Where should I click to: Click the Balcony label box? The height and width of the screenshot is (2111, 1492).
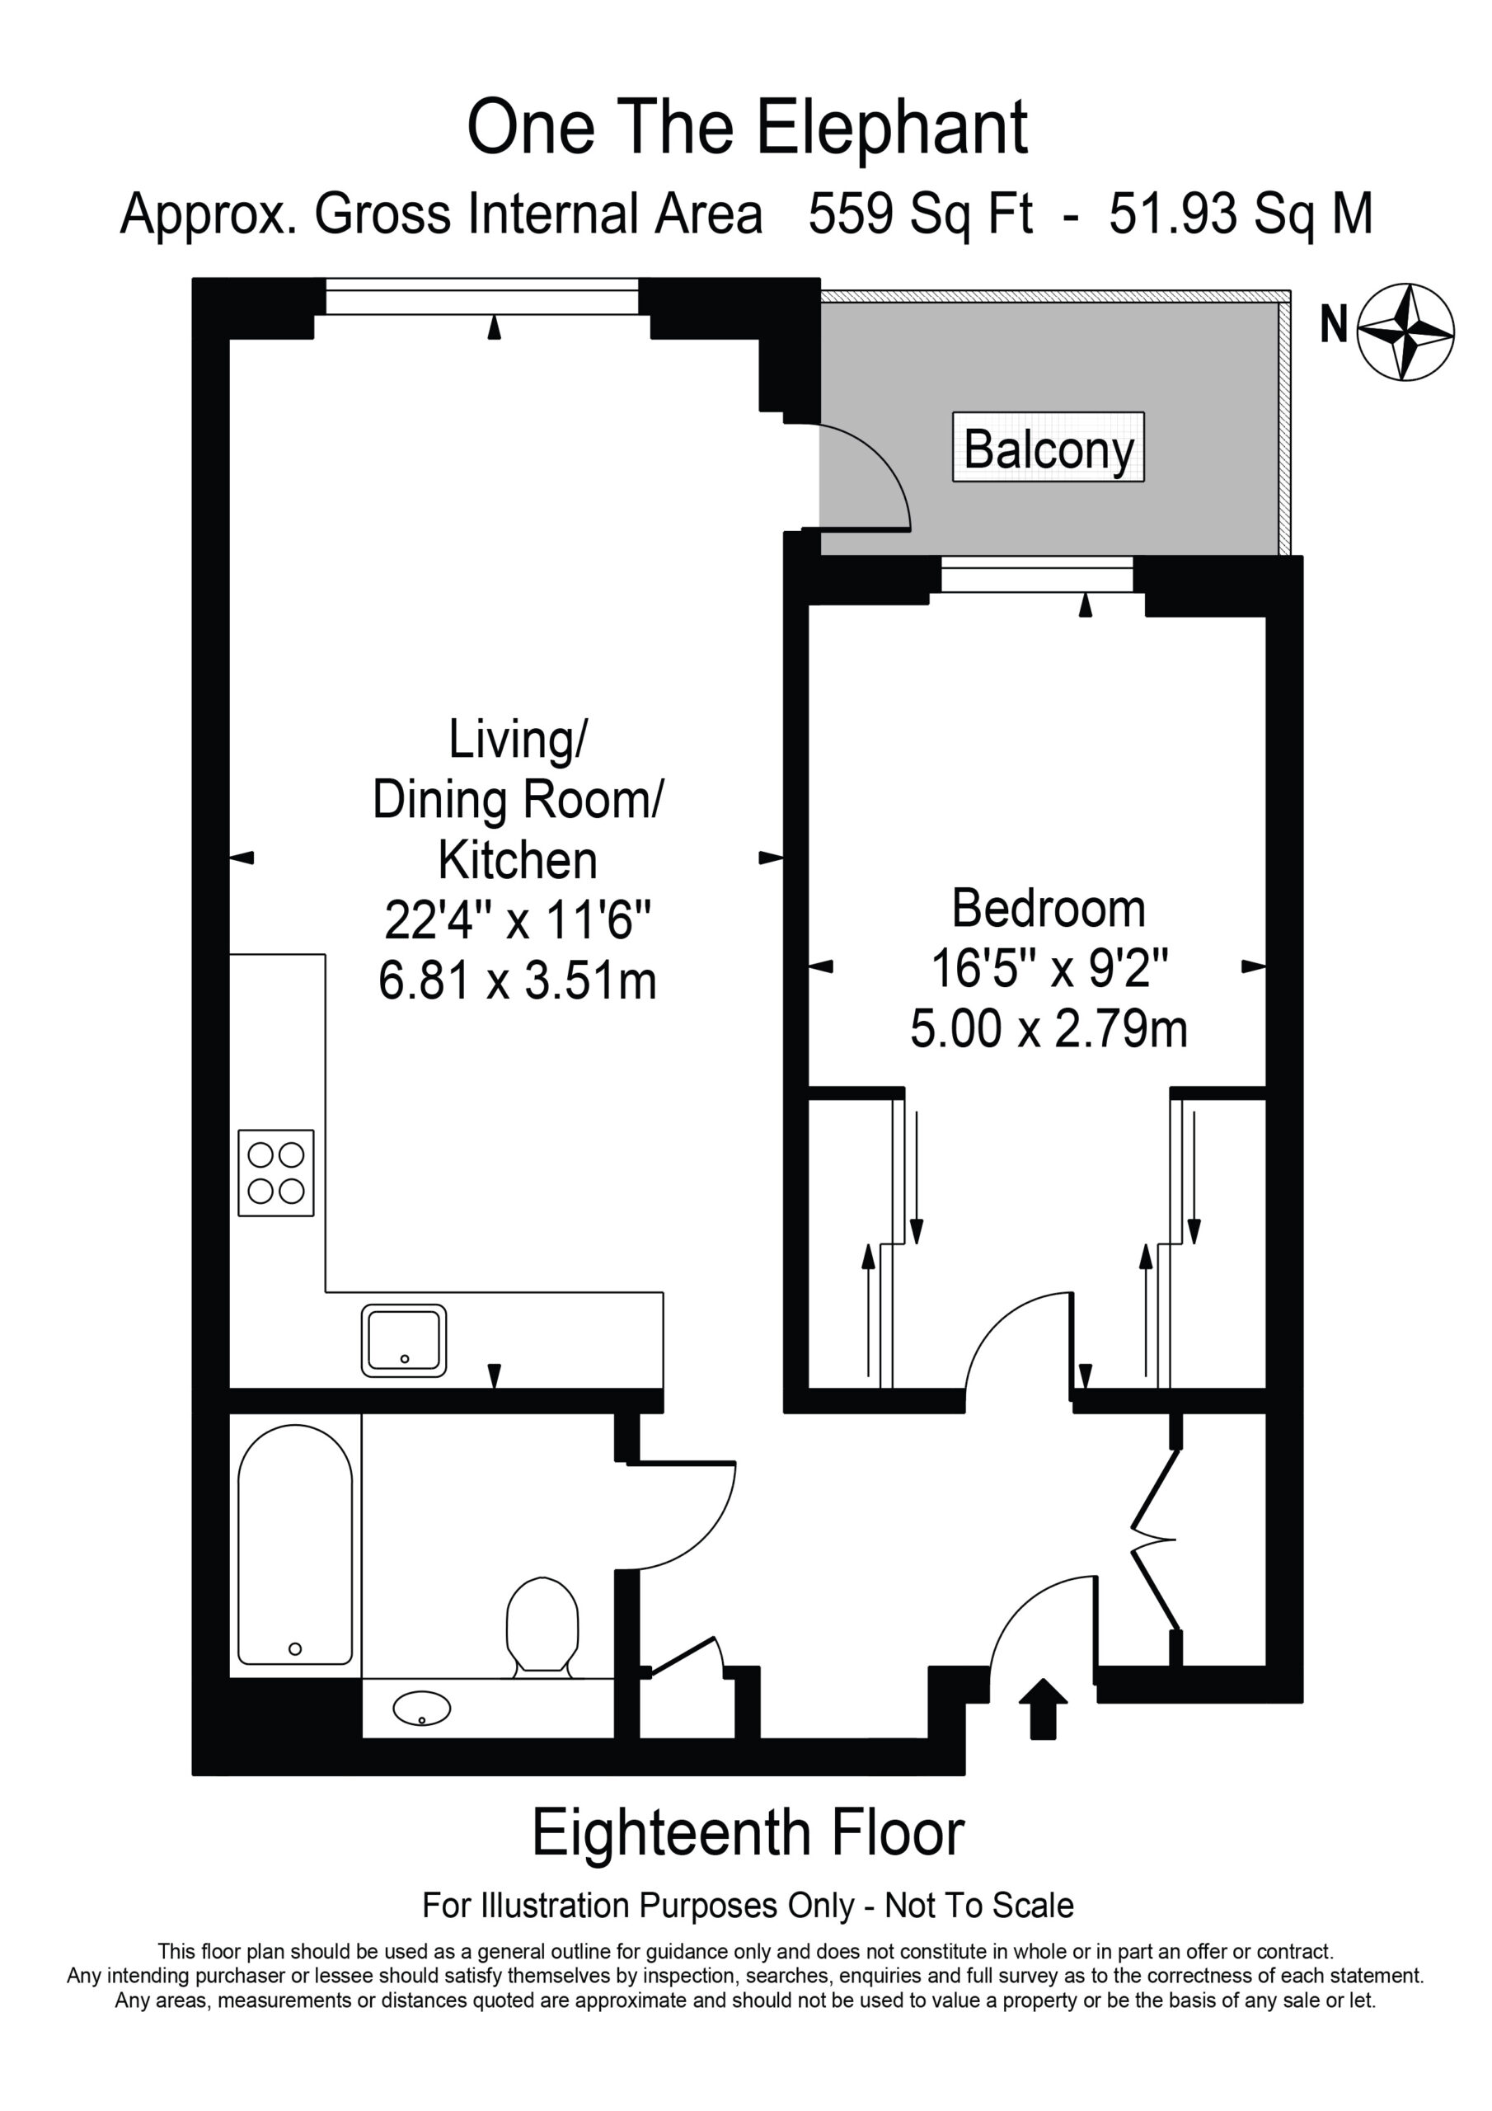(1048, 447)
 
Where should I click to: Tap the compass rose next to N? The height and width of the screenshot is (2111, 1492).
(1405, 332)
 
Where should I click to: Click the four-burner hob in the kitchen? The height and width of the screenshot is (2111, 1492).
(276, 1173)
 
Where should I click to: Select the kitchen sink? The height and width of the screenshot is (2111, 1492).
(404, 1341)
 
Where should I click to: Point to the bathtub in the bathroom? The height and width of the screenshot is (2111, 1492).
(295, 1545)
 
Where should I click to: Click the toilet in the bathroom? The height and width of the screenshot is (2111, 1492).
(542, 1628)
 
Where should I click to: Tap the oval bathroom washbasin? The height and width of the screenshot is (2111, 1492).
(422, 1709)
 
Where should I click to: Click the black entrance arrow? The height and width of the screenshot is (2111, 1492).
(1044, 1709)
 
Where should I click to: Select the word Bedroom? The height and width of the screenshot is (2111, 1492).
(1048, 909)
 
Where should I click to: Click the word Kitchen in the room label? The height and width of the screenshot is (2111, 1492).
(518, 861)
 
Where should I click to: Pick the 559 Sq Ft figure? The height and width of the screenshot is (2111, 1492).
(920, 214)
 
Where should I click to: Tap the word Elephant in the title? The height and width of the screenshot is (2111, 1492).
(891, 129)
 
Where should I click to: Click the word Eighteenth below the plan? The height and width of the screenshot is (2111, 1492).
(671, 1832)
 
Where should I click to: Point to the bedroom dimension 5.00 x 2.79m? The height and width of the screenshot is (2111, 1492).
(1048, 1028)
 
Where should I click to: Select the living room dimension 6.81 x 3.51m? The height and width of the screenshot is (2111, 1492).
(518, 980)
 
